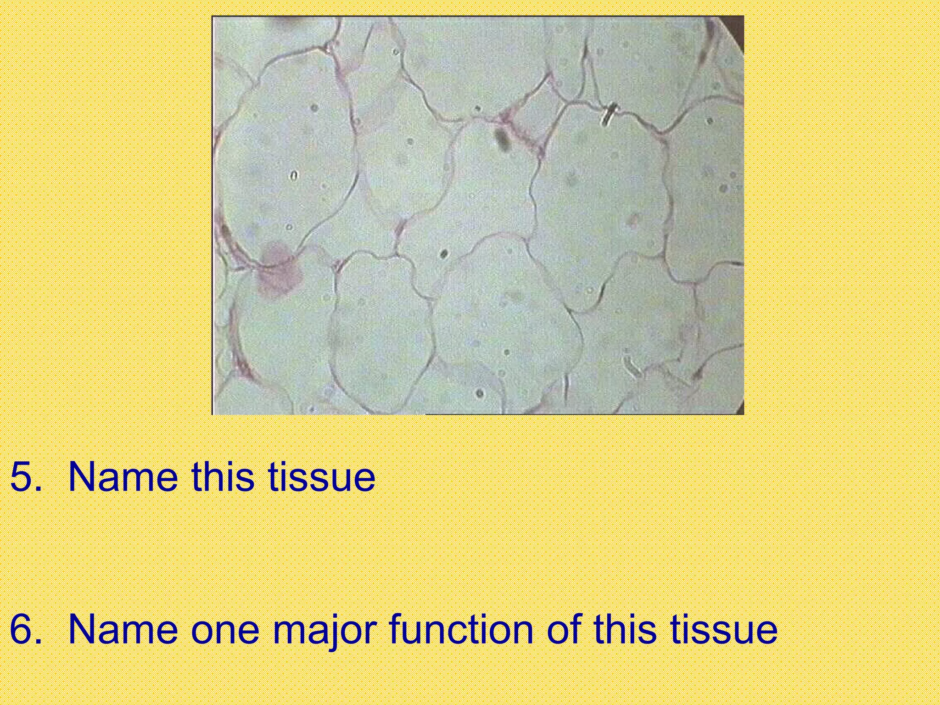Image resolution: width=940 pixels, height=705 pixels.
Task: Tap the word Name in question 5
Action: click(x=123, y=478)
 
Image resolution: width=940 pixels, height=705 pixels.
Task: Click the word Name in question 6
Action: click(x=123, y=629)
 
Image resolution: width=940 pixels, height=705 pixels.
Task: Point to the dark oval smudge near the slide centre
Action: click(x=502, y=140)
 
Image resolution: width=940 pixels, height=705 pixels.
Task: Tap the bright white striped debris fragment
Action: click(x=609, y=115)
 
